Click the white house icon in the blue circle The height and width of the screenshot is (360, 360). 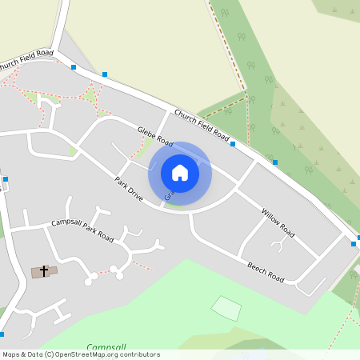180,173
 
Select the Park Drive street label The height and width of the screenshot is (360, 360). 128,189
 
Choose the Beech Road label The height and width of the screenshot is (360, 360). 266,271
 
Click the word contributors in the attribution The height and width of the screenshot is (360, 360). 134,354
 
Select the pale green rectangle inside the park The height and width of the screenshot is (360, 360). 226,307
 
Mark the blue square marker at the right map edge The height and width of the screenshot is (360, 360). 354,243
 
